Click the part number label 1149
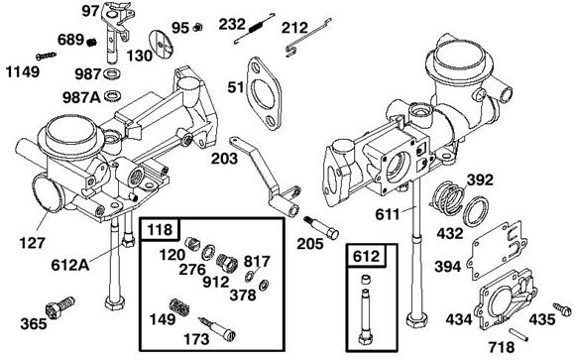pyautogui.click(x=26, y=72)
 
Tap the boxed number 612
pyautogui.click(x=364, y=257)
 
